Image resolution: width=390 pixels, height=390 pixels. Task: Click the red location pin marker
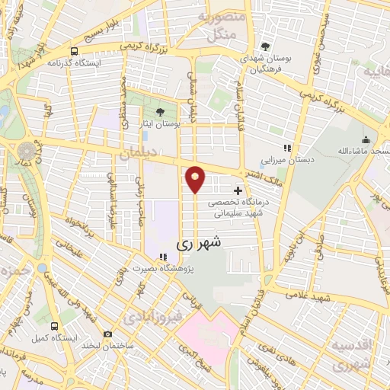pos(195,179)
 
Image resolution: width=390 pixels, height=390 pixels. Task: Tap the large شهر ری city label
pos(200,245)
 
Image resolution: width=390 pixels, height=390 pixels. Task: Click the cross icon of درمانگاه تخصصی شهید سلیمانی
pos(238,190)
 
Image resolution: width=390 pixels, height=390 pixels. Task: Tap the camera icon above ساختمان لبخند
pos(107,334)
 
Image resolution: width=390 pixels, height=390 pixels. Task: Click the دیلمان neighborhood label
pos(136,155)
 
